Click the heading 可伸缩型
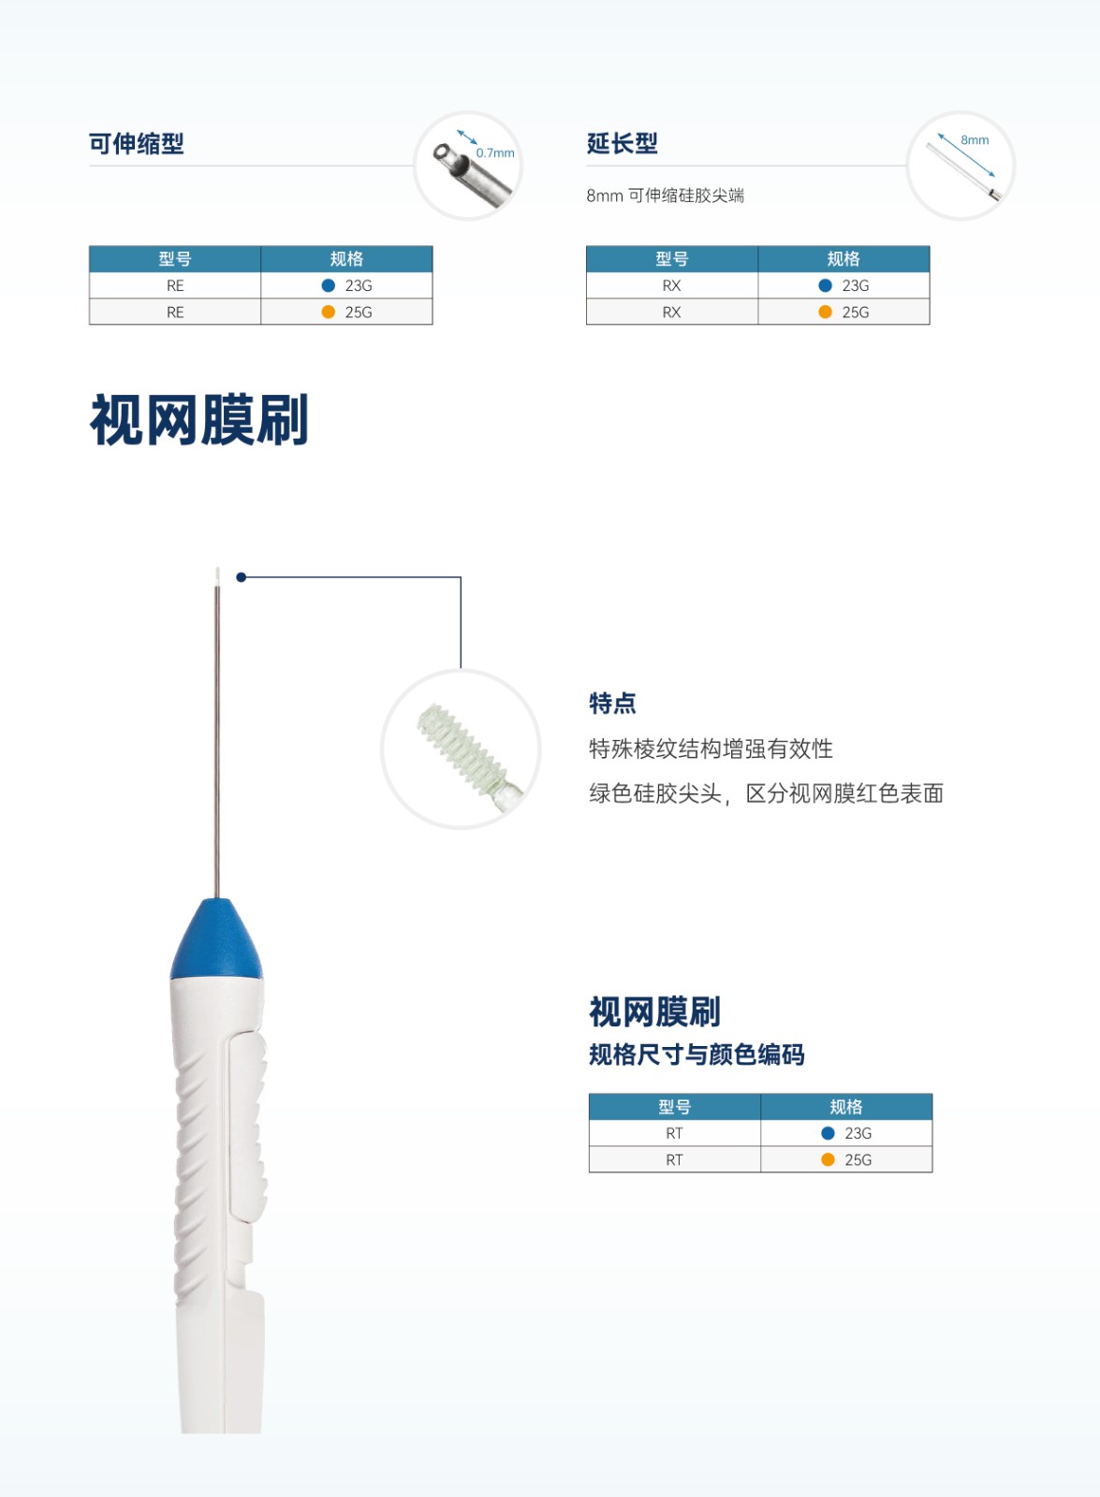(136, 144)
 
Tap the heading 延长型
(622, 144)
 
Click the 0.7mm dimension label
(495, 153)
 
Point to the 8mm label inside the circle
(975, 140)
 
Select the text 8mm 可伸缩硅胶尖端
(665, 196)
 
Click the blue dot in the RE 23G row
(329, 285)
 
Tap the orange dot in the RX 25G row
(825, 312)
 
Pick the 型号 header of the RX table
(671, 259)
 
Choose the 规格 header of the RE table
(346, 259)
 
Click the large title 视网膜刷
(199, 420)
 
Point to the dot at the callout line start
(242, 577)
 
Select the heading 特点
(612, 703)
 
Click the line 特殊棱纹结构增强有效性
(711, 748)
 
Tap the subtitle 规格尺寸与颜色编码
(697, 1054)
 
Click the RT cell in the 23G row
(674, 1133)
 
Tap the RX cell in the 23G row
(671, 285)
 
